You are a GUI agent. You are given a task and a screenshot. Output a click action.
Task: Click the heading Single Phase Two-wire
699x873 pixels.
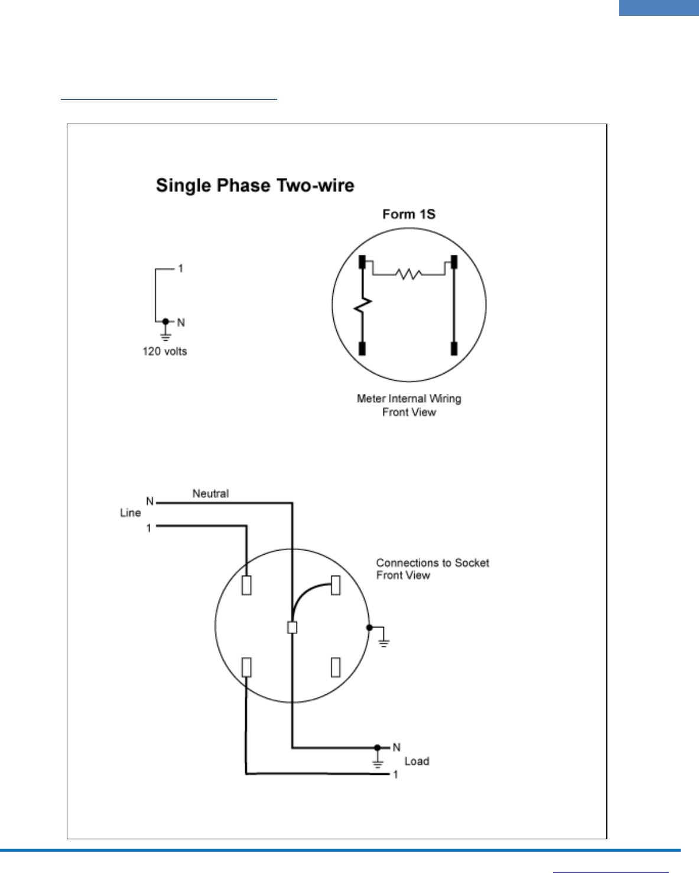pyautogui.click(x=255, y=186)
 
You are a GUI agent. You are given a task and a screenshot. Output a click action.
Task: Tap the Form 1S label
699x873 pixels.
pyautogui.click(x=409, y=214)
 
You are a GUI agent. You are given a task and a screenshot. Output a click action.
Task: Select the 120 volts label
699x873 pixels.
pyautogui.click(x=164, y=351)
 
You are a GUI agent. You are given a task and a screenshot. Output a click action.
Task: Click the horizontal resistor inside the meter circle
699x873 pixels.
pyautogui.click(x=408, y=274)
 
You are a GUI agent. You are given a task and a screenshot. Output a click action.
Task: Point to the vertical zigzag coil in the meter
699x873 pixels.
pyautogui.click(x=362, y=305)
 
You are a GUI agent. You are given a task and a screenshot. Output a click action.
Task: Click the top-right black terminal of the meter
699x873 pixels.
pyautogui.click(x=454, y=262)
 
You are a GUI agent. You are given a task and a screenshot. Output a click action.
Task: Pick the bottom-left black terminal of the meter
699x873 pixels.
pyautogui.click(x=362, y=348)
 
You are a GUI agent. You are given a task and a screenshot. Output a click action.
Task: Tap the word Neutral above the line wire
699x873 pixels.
pyautogui.click(x=210, y=493)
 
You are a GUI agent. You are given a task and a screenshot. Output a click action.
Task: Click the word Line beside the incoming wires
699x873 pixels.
pyautogui.click(x=130, y=513)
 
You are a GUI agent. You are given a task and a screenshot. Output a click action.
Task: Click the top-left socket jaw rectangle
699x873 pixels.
pyautogui.click(x=246, y=585)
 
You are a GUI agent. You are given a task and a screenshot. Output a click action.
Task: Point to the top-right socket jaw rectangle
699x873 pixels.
pyautogui.click(x=336, y=585)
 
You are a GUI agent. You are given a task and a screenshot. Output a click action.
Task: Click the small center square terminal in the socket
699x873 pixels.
pyautogui.click(x=292, y=627)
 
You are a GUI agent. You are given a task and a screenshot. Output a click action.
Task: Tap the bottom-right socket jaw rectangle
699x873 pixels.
pyautogui.click(x=336, y=667)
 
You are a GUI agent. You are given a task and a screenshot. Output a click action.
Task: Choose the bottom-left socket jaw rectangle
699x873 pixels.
pyautogui.click(x=246, y=667)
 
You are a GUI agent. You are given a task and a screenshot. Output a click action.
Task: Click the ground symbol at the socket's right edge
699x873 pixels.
pyautogui.click(x=383, y=641)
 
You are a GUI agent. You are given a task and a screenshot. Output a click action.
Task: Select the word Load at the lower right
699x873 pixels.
pyautogui.click(x=417, y=761)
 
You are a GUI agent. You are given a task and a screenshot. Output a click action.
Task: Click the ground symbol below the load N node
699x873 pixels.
pyautogui.click(x=378, y=762)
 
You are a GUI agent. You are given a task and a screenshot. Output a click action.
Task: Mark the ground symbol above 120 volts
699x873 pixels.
pyautogui.click(x=166, y=336)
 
